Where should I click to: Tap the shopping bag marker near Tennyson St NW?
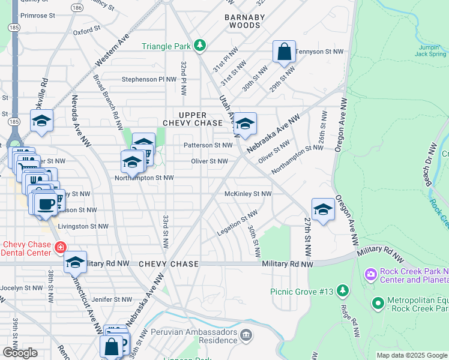coord(285,52)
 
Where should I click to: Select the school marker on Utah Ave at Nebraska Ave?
coord(245,124)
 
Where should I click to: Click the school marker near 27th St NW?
coord(323,209)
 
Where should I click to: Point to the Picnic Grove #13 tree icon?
coord(343,291)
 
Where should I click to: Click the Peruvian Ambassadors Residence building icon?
coord(245,334)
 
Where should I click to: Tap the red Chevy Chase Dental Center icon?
coord(60,247)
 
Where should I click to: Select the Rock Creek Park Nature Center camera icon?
coord(370,275)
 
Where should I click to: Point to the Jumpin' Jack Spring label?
coord(430,50)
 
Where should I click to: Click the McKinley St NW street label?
coord(248,194)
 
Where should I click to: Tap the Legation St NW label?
coord(238,223)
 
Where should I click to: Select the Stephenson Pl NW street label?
coord(149,79)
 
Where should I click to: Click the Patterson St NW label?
coord(208,145)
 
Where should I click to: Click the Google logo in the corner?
coord(20,353)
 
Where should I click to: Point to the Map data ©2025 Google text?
coord(411,355)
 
